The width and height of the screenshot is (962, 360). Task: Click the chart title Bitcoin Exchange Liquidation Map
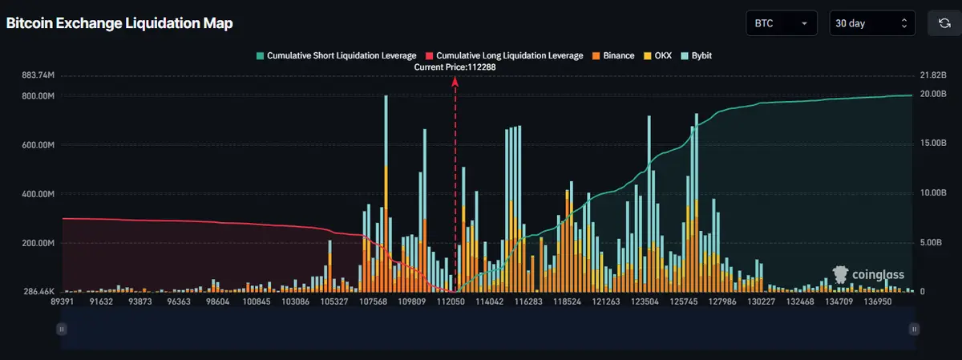pos(119,23)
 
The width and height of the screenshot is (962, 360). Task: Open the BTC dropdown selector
pos(781,23)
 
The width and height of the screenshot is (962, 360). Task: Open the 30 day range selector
pos(871,23)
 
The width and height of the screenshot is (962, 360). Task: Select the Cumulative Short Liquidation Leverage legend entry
pos(337,55)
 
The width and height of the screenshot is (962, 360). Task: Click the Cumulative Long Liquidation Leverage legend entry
pos(505,55)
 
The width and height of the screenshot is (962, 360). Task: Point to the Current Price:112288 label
pos(455,67)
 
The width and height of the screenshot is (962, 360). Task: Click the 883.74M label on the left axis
pos(38,75)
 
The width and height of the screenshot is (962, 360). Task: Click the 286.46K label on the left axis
pos(38,292)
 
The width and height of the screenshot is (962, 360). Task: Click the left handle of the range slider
pos(62,328)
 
